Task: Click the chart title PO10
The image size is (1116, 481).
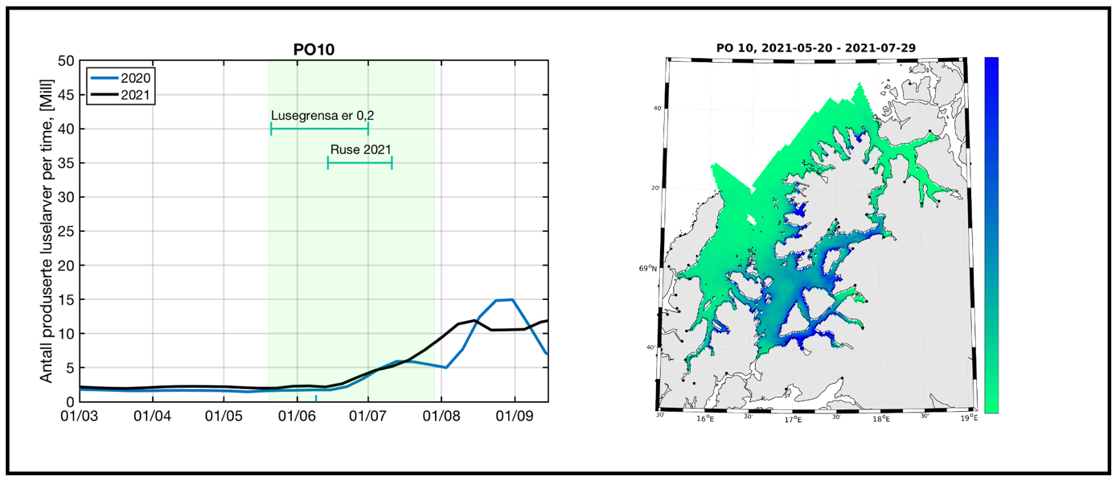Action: [314, 49]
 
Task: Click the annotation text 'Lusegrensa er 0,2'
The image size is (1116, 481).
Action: [322, 116]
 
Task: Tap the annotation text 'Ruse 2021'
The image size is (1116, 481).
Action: [361, 150]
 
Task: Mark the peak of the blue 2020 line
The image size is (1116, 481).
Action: [512, 299]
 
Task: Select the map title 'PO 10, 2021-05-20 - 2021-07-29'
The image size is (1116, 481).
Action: [817, 48]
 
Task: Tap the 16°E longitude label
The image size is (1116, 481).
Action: [705, 417]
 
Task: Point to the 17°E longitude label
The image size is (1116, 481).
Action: [794, 418]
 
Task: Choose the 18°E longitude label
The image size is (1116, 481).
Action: [882, 418]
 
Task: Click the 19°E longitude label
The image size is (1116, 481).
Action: [970, 418]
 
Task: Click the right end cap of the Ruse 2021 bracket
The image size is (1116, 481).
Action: [392, 162]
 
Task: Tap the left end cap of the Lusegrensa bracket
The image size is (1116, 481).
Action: [271, 128]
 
